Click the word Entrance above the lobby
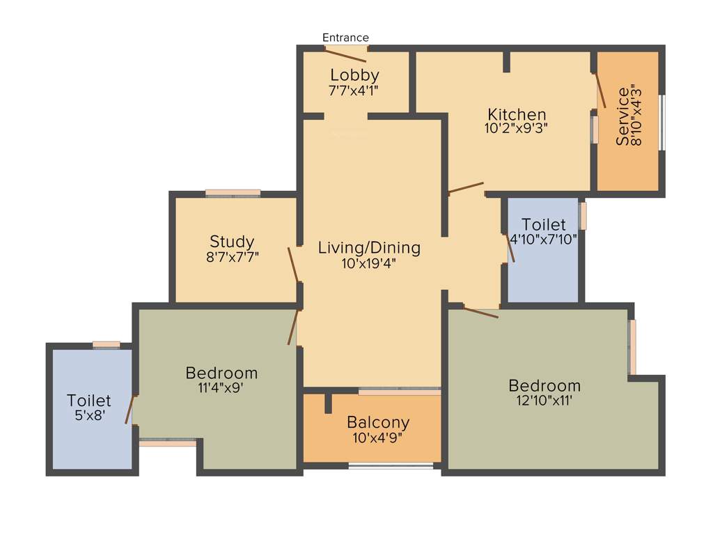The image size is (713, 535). (345, 38)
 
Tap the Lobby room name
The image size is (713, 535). (354, 75)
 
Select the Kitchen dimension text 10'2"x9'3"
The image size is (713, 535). (516, 128)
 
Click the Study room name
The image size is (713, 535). (232, 242)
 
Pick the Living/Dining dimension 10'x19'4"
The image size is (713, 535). (369, 263)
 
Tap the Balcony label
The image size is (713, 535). (378, 422)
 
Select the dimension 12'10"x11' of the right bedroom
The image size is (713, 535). (544, 401)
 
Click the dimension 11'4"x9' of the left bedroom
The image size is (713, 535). (221, 388)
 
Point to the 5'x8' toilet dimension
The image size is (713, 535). (88, 415)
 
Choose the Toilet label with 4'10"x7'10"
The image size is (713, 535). (543, 224)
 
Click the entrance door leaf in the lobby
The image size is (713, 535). (345, 55)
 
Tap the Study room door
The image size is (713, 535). (294, 265)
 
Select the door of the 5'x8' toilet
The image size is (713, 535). (129, 410)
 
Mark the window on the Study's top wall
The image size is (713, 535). (233, 193)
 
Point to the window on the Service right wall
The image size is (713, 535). (661, 123)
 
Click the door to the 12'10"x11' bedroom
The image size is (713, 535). (480, 312)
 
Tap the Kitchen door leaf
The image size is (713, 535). (466, 187)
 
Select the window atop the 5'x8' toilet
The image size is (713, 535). (106, 344)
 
